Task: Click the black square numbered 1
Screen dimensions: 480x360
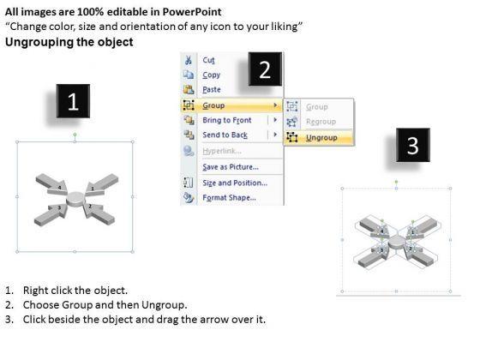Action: pyautogui.click(x=73, y=101)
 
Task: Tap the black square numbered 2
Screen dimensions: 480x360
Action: pyautogui.click(x=265, y=69)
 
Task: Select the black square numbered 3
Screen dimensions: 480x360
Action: pyautogui.click(x=413, y=145)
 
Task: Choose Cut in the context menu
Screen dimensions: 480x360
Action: pyautogui.click(x=208, y=60)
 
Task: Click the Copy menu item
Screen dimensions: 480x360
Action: pyautogui.click(x=211, y=75)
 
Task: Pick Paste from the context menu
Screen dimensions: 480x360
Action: pyautogui.click(x=212, y=90)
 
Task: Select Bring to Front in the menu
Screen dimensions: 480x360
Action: pyautogui.click(x=227, y=120)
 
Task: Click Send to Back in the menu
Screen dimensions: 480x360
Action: pyautogui.click(x=225, y=135)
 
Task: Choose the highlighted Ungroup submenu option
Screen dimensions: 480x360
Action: pyautogui.click(x=321, y=138)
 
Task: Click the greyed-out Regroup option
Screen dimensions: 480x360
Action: pyautogui.click(x=321, y=122)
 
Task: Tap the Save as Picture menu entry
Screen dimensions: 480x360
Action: pyautogui.click(x=231, y=167)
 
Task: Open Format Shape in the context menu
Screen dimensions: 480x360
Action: pyautogui.click(x=230, y=198)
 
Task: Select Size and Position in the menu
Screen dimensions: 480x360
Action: pyautogui.click(x=235, y=183)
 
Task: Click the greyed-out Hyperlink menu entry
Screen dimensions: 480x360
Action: pyautogui.click(x=222, y=151)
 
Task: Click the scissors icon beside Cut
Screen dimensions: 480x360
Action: pyautogui.click(x=189, y=60)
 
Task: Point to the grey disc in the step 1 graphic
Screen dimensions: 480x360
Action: pyautogui.click(x=75, y=198)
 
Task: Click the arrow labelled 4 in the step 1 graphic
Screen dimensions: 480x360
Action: pyautogui.click(x=52, y=184)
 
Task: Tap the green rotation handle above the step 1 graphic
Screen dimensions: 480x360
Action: pyautogui.click(x=75, y=135)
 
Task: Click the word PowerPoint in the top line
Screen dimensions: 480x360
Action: pyautogui.click(x=192, y=12)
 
